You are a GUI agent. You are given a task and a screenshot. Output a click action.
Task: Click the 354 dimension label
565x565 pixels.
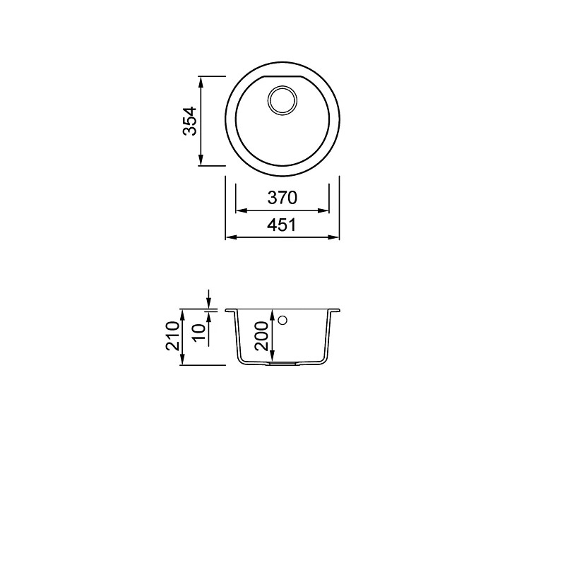click(190, 121)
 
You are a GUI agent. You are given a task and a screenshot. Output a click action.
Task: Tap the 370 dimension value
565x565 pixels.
click(282, 198)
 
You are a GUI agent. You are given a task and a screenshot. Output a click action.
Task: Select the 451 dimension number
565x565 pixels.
click(281, 225)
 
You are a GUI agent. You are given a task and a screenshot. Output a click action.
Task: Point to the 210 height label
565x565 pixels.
click(172, 336)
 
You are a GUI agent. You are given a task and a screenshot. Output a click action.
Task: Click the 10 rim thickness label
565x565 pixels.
click(199, 332)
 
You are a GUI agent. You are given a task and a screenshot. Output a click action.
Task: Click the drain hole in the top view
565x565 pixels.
click(282, 100)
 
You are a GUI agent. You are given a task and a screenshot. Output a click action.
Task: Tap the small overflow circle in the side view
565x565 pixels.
click(282, 320)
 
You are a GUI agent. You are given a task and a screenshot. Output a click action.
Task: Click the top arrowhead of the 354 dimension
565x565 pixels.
click(201, 82)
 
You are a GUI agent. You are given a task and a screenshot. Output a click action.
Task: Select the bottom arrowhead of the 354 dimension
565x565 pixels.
click(201, 160)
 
